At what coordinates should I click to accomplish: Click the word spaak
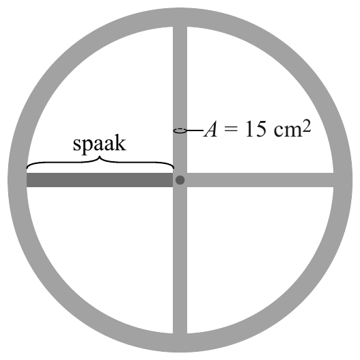[x=100, y=143]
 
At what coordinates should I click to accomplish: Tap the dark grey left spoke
[x=100, y=180]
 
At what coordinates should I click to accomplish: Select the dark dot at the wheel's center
[x=180, y=180]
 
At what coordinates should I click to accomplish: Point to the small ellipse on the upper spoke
[x=180, y=130]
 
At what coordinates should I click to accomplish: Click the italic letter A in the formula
[x=210, y=129]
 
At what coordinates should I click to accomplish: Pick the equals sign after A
[x=231, y=130]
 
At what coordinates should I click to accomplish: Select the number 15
[x=256, y=129]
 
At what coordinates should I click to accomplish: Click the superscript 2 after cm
[x=307, y=126]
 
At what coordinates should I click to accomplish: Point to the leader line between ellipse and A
[x=195, y=130]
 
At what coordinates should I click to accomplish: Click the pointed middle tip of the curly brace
[x=100, y=156]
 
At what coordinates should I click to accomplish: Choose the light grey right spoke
[x=260, y=180]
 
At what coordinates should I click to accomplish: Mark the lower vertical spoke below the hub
[x=180, y=260]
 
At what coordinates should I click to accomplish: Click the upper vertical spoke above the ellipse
[x=180, y=77]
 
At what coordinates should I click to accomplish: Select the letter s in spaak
[x=77, y=146]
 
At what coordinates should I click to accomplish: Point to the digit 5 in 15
[x=262, y=129]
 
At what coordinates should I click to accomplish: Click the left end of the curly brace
[x=27, y=168]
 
